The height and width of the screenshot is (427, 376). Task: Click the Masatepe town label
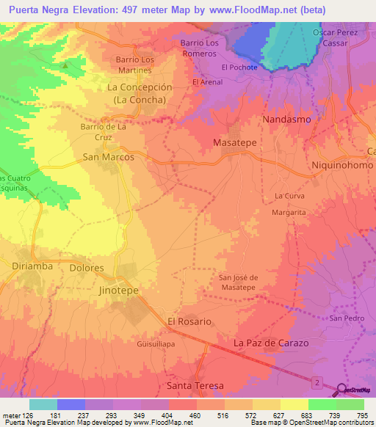(x=234, y=142)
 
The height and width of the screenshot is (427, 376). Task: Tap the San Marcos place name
(x=108, y=157)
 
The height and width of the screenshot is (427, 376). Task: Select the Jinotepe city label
(x=118, y=290)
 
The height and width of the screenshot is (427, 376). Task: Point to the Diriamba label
(x=33, y=266)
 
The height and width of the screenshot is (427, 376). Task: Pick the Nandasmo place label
(x=286, y=119)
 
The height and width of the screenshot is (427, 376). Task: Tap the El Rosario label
(x=189, y=321)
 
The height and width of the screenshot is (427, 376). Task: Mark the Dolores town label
(x=87, y=268)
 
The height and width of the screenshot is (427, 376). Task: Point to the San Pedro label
(x=347, y=318)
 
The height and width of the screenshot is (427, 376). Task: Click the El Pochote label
(x=239, y=67)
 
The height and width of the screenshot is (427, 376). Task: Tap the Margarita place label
(x=289, y=211)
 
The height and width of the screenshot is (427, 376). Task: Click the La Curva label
(x=289, y=196)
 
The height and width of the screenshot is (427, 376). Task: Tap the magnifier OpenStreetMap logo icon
(x=343, y=390)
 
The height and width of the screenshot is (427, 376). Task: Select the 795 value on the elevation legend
(x=362, y=416)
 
